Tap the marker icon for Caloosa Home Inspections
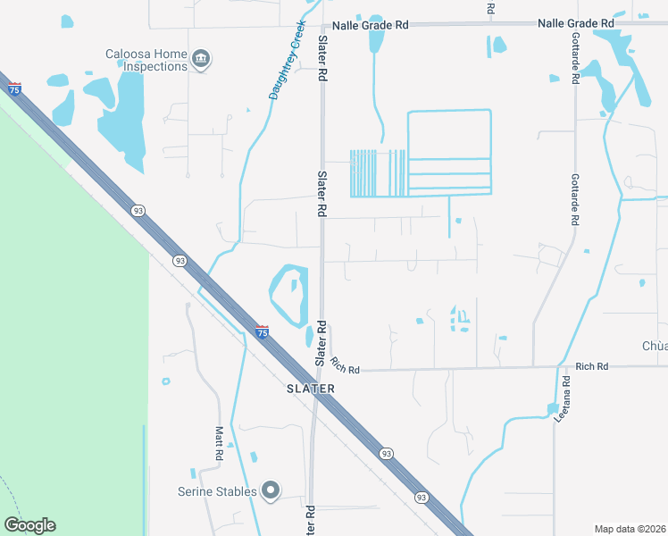coord(202,60)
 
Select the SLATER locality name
coord(311,389)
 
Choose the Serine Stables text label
coord(217,491)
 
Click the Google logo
coord(29,525)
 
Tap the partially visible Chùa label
coord(655,346)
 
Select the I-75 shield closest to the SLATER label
coord(262,331)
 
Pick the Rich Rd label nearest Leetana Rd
coord(591,366)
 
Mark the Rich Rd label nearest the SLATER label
coord(344,365)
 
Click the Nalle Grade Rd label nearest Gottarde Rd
coord(576,23)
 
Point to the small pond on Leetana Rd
coord(553,409)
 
